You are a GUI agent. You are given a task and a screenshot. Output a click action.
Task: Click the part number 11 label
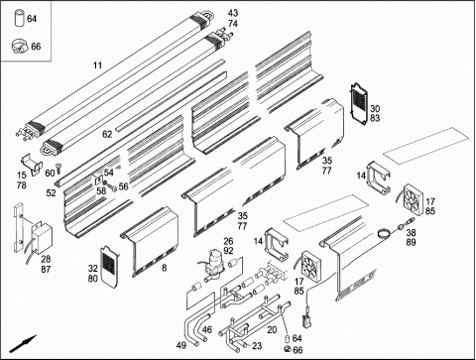click(x=97, y=65)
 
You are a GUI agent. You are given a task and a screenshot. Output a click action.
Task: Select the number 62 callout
click(x=107, y=134)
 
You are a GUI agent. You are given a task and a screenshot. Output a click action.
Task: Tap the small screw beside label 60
click(x=59, y=168)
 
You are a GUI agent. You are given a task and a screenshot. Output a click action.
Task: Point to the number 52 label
click(x=51, y=192)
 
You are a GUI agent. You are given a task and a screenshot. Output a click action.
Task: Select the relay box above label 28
click(x=43, y=236)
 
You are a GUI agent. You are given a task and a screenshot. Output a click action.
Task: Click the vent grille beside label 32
click(x=109, y=266)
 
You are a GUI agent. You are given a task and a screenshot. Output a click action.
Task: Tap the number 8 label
click(x=165, y=268)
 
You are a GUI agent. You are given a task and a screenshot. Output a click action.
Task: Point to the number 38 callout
click(x=411, y=232)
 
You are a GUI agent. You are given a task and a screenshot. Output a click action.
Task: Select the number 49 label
click(x=181, y=345)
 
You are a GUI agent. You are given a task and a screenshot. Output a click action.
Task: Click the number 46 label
click(x=207, y=329)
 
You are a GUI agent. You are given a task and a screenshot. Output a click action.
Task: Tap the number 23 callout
click(x=257, y=346)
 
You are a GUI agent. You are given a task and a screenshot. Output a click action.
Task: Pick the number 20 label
click(x=272, y=329)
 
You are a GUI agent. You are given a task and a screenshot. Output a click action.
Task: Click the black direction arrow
click(x=23, y=343)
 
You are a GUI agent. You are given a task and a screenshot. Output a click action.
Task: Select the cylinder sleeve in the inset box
click(x=19, y=18)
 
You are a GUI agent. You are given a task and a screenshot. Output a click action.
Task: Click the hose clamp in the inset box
click(x=21, y=46)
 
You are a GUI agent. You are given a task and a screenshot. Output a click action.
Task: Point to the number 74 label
click(x=233, y=24)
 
